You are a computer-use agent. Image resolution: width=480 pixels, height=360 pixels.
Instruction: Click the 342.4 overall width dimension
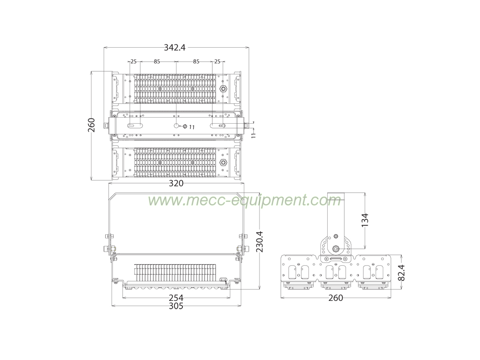(174, 48)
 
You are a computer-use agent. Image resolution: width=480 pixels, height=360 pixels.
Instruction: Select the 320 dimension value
(176, 183)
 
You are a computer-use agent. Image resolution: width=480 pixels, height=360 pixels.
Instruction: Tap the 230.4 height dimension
(260, 242)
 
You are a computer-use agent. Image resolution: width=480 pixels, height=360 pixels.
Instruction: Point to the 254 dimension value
(176, 298)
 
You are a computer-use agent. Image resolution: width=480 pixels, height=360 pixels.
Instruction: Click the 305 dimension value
(176, 306)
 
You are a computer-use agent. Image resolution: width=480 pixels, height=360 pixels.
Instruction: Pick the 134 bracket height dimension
(365, 220)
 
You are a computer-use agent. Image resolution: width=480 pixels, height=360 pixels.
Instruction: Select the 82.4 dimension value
(402, 272)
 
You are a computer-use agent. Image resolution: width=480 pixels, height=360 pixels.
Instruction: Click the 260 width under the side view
(336, 298)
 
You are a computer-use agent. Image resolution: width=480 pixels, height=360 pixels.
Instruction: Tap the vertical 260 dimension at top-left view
(92, 125)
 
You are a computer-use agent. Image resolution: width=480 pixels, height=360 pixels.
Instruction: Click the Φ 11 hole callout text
(189, 127)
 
